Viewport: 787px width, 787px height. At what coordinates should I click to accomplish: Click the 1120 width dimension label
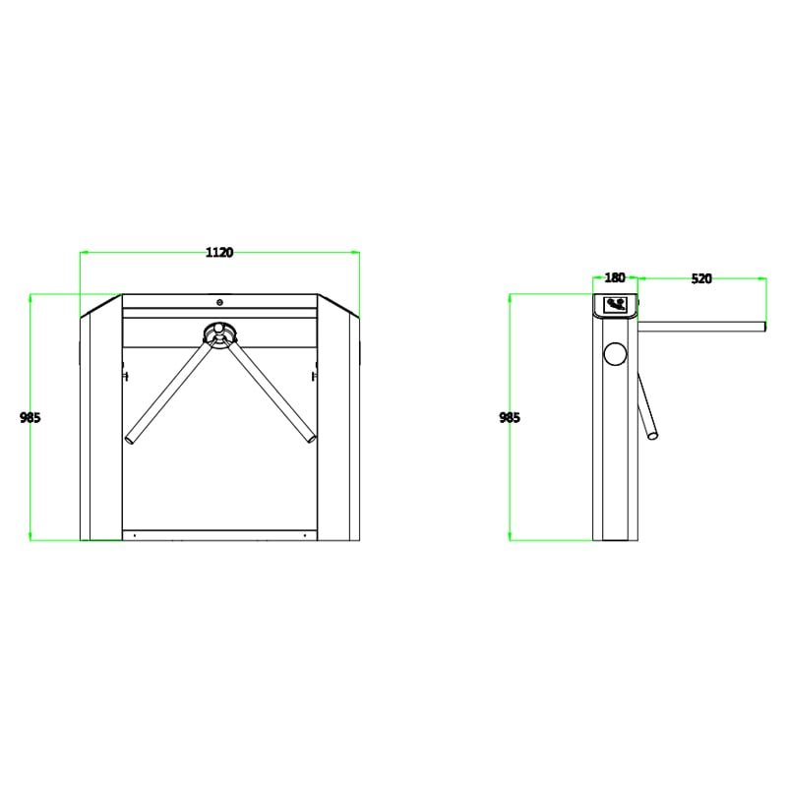219,252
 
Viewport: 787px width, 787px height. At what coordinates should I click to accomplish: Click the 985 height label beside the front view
30,417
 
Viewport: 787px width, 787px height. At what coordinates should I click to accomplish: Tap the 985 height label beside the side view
510,417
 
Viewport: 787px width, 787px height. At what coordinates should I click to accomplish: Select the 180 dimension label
614,277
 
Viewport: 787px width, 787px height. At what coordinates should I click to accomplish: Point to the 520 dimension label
701,278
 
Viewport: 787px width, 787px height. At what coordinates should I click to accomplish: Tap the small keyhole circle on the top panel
219,302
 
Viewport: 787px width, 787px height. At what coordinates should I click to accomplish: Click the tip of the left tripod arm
129,440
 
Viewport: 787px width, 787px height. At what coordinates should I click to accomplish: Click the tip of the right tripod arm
312,439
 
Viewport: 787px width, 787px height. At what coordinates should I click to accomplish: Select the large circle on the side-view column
615,354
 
